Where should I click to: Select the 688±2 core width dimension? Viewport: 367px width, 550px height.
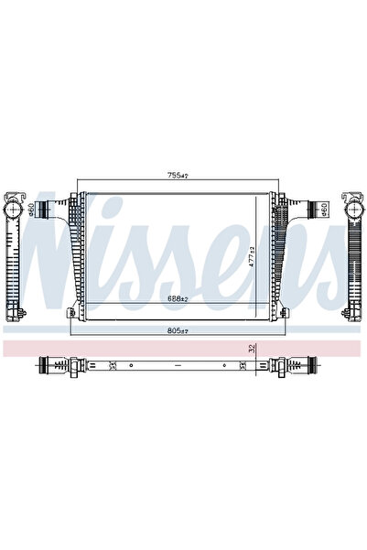(177, 298)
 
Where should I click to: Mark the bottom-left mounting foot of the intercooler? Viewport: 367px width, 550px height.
(70, 313)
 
